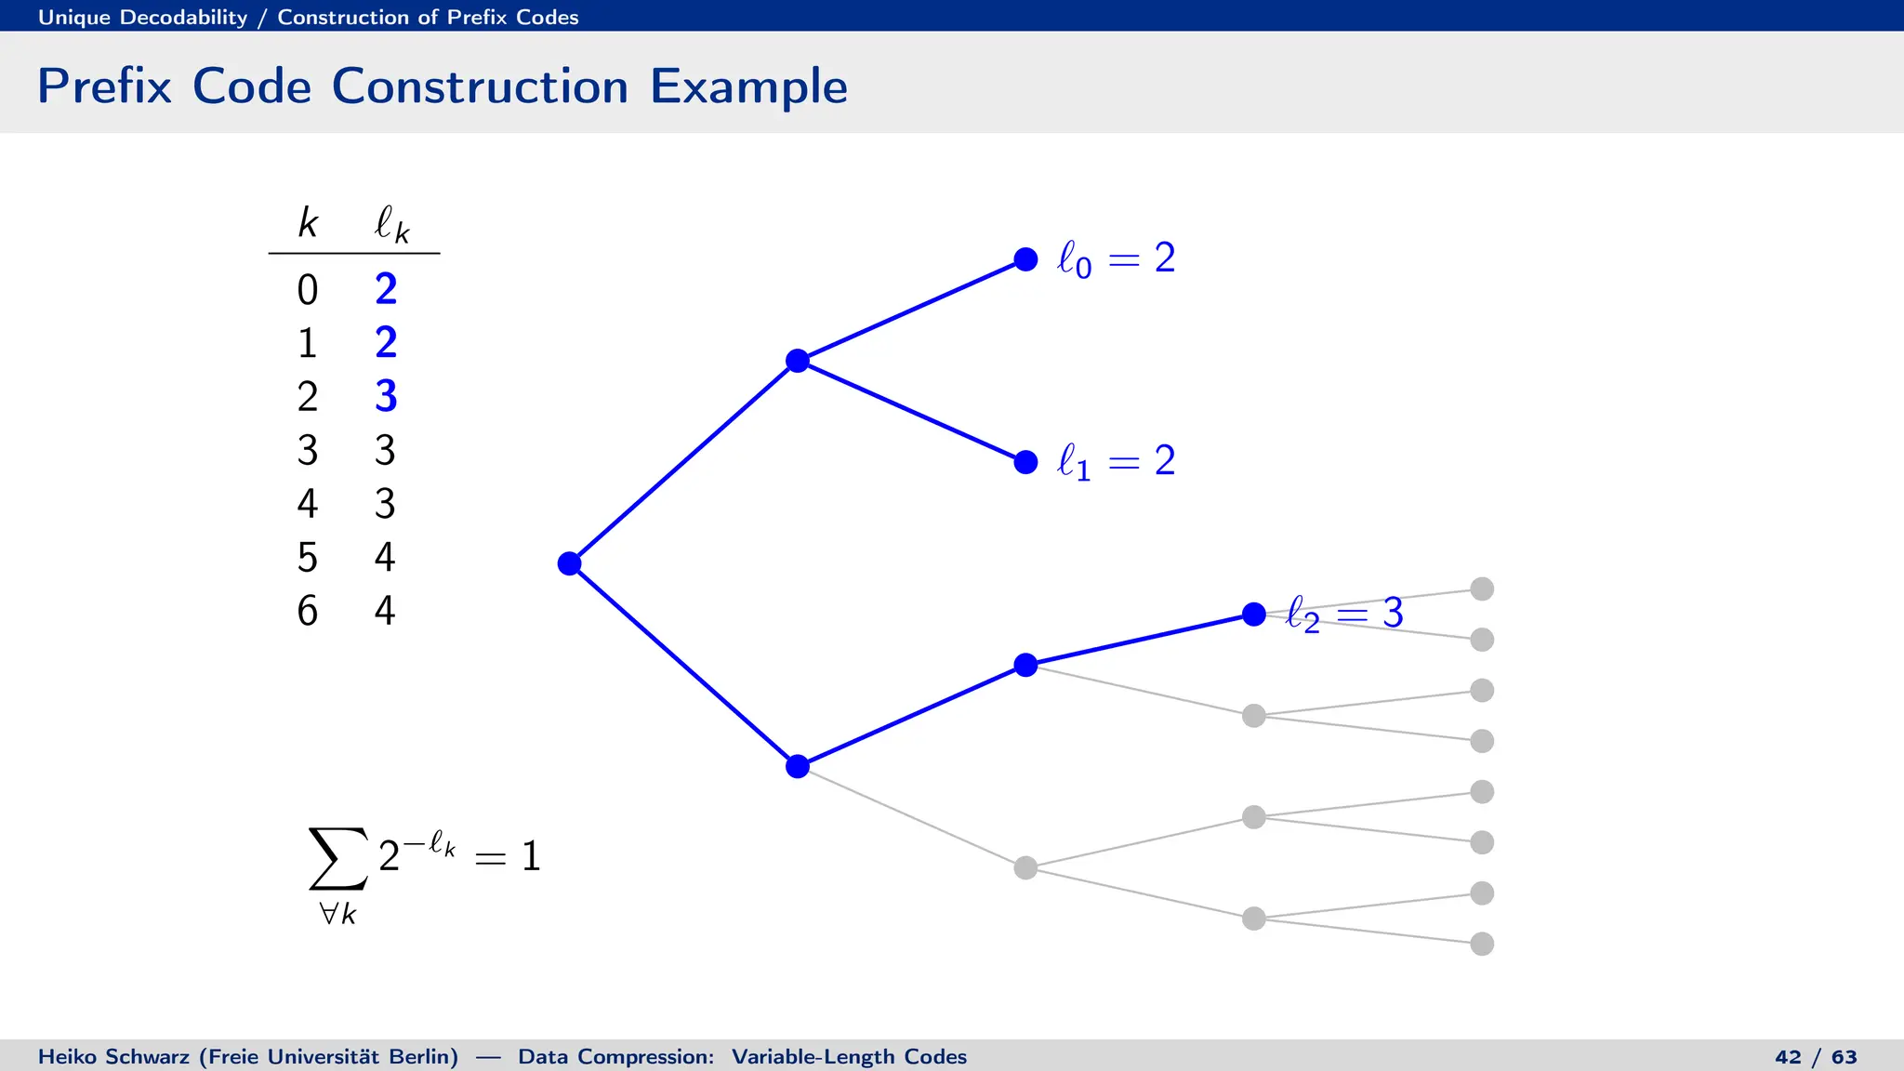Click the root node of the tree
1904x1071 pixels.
569,563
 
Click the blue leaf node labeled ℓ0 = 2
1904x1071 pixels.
1025,259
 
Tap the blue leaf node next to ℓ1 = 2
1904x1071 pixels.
1025,462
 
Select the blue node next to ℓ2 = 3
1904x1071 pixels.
1253,615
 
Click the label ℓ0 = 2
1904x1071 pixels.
1116,258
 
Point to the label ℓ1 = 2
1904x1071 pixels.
1116,461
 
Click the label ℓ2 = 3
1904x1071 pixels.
1344,614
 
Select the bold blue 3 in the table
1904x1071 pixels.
386,396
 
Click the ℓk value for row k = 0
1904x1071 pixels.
386,289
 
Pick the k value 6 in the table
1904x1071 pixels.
308,611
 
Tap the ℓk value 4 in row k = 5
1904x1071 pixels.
385,557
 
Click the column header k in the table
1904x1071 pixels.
308,223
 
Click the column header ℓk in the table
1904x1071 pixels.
391,224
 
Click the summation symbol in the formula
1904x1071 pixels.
337,858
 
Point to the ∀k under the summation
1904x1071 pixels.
337,914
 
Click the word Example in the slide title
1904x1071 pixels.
748,86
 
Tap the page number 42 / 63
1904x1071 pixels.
1815,1057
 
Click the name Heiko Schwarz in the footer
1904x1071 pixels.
115,1057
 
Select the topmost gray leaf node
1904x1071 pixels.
1482,588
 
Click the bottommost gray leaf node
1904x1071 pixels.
1482,944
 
